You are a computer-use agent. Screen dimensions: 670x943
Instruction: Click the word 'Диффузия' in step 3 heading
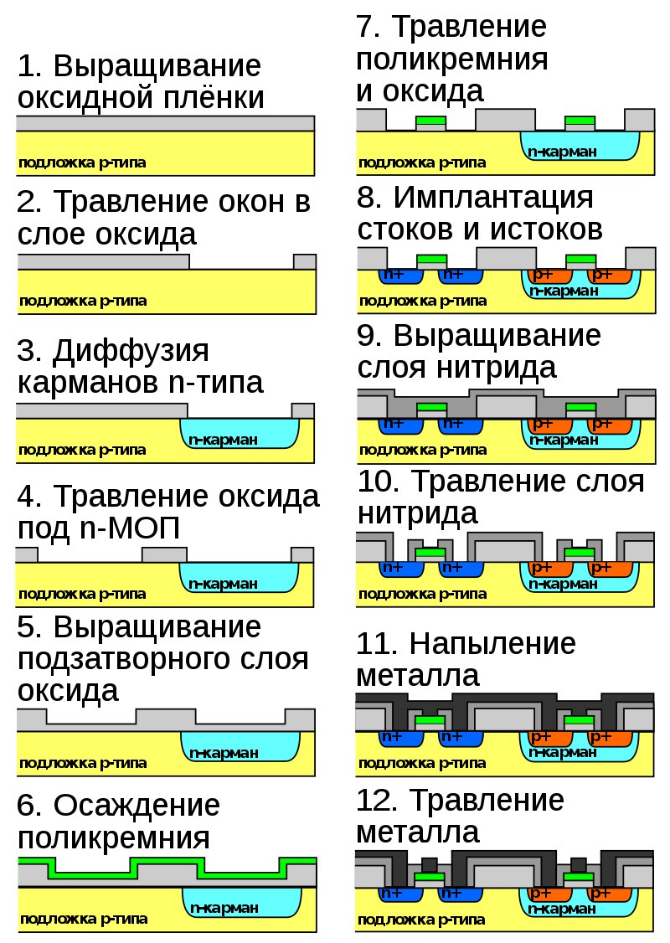point(131,352)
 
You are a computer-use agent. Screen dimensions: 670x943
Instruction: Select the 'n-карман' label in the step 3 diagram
point(223,440)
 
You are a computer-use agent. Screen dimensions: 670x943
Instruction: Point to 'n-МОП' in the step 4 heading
point(130,528)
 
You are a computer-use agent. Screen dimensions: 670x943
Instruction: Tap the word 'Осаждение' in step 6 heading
point(137,806)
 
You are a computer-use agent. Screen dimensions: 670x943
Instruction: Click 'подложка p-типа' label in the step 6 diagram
point(84,919)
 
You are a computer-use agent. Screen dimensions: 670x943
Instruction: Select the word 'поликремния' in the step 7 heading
point(451,59)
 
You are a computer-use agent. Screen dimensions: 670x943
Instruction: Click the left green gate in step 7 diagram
point(430,121)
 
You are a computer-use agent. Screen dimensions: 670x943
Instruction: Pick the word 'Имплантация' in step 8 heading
point(493,198)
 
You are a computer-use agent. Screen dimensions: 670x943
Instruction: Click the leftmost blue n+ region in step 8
point(398,276)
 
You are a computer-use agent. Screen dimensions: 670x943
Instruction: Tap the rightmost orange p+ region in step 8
point(610,276)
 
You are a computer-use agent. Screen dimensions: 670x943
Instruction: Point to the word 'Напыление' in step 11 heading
point(492,644)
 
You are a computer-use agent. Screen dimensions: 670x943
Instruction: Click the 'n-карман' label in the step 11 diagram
point(563,752)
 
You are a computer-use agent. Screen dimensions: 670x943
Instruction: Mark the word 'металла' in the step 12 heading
point(418,833)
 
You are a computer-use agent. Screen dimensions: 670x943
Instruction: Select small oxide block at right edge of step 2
point(305,261)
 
